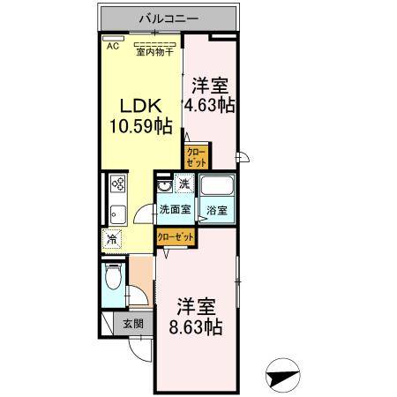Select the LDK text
135,104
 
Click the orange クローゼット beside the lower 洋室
176,236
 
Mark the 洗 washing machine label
184,184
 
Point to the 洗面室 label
175,210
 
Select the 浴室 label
217,210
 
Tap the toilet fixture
111,281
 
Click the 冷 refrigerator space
113,237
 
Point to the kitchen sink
116,214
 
